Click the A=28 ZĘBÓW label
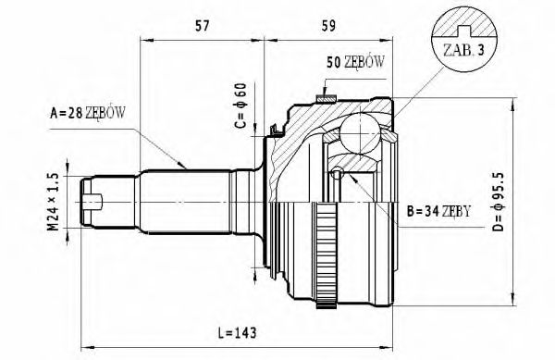(88, 114)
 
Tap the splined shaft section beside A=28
(185, 196)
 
